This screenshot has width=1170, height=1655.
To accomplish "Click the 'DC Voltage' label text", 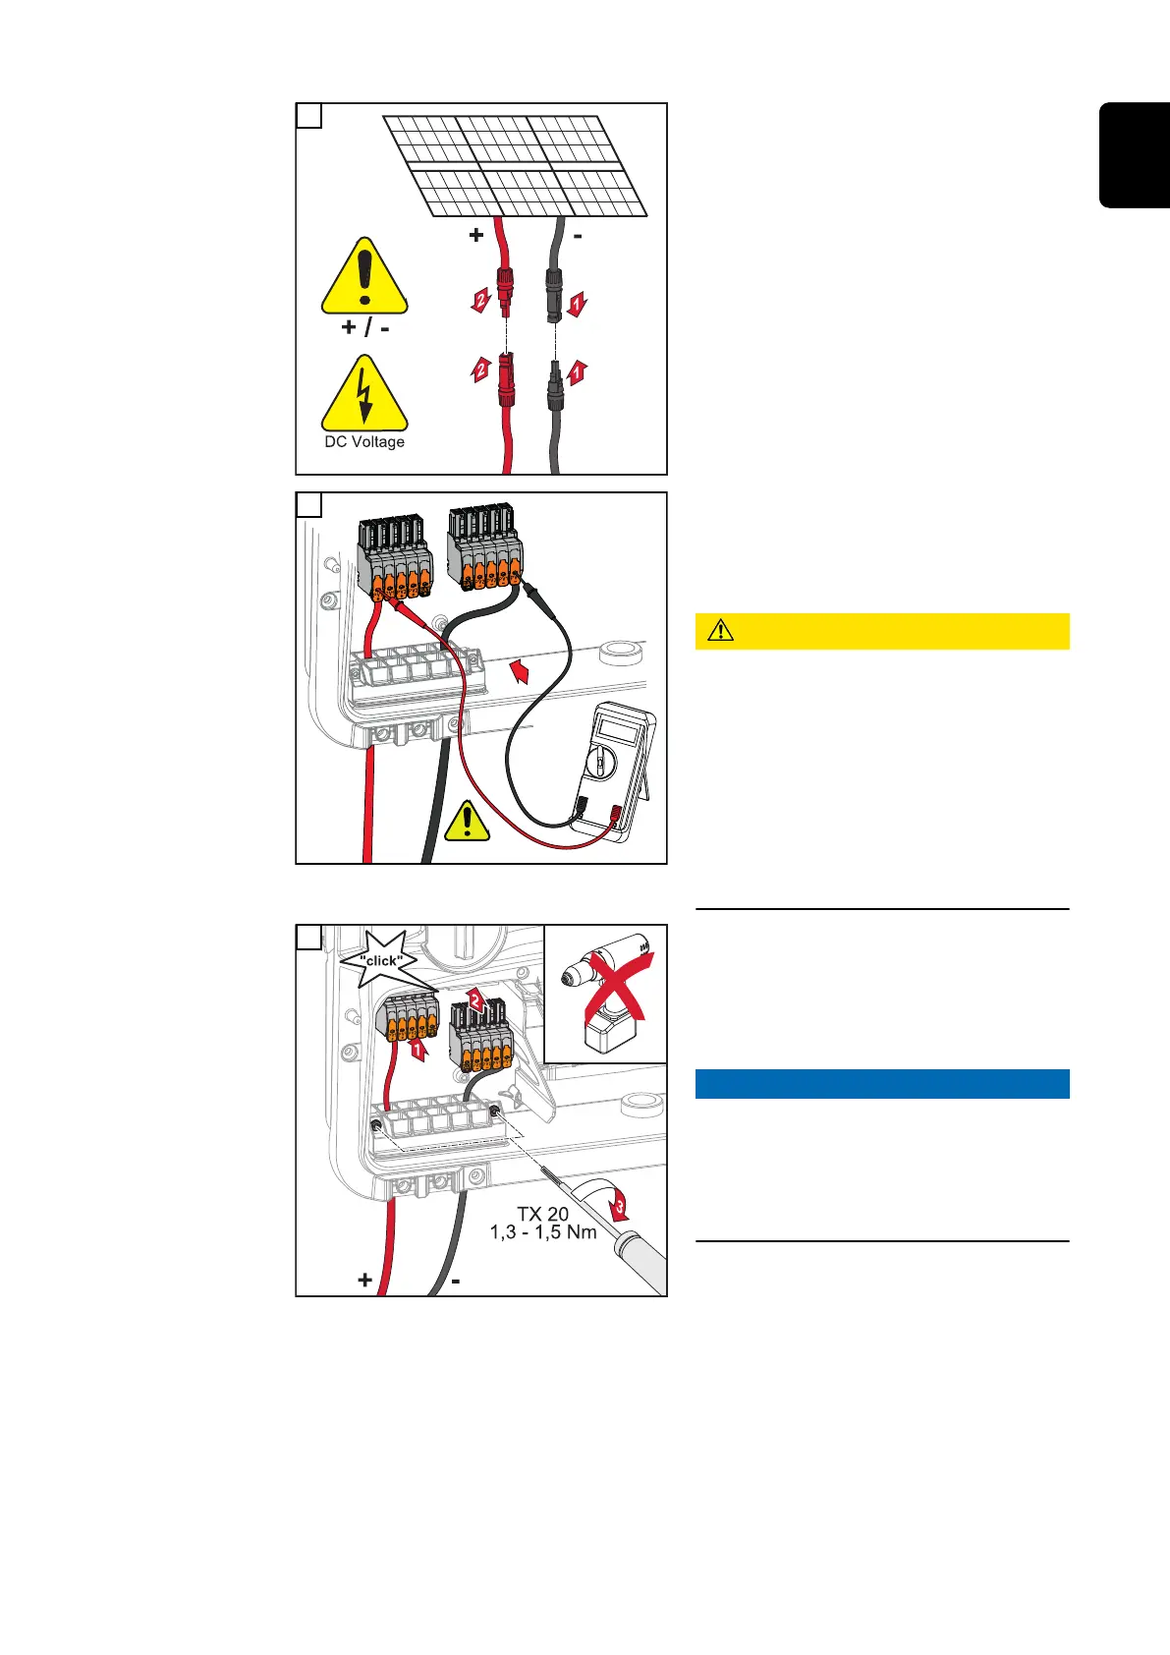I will tap(364, 442).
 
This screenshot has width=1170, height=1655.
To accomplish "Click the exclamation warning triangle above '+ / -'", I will tap(364, 278).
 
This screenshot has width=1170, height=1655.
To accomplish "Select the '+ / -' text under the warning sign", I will tap(364, 327).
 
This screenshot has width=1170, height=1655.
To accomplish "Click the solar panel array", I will tap(516, 166).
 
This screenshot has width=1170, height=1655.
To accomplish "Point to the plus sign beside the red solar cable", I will tap(476, 235).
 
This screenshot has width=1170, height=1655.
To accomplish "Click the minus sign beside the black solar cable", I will tap(578, 236).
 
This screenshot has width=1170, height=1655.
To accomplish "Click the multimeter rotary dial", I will tap(598, 764).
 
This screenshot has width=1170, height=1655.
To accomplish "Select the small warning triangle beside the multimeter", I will tap(468, 822).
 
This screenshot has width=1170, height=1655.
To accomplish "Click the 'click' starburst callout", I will tap(381, 960).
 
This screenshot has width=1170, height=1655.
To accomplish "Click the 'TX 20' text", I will tap(543, 1214).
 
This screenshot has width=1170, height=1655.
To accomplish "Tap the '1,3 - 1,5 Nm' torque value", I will tap(543, 1232).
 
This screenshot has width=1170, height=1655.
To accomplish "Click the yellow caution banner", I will tap(881, 631).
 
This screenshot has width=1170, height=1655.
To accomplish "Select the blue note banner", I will tap(881, 1083).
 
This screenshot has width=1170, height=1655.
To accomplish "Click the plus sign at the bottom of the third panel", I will tap(365, 1280).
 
